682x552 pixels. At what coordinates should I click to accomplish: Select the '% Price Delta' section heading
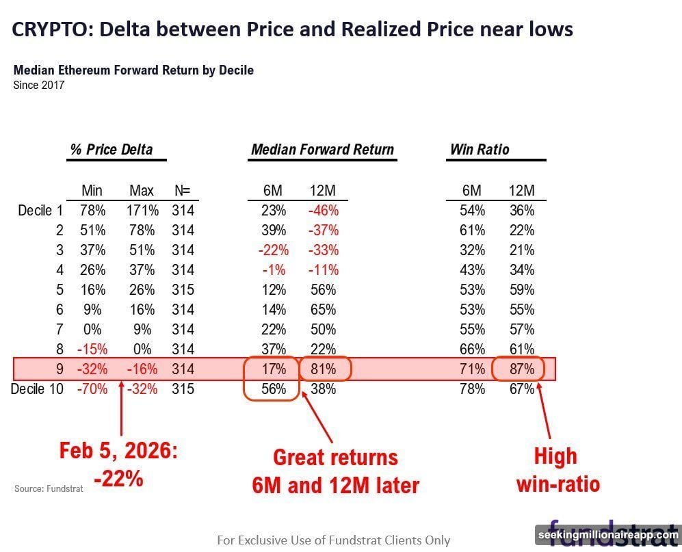111,149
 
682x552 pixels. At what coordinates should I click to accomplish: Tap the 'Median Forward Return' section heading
322,149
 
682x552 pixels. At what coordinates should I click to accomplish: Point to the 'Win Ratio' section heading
480,149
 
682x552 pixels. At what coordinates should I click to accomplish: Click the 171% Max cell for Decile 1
142,211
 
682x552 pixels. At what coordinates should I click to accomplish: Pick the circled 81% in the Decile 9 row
324,369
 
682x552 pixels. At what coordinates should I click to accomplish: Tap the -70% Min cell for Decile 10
92,389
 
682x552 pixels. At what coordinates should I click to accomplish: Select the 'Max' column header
142,191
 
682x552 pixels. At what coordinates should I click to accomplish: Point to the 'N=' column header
183,191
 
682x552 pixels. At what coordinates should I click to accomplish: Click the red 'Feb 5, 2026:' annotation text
118,451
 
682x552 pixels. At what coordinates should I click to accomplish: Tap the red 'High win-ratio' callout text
557,471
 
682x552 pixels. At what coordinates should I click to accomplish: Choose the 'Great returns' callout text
335,457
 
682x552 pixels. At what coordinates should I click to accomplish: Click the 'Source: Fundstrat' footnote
49,489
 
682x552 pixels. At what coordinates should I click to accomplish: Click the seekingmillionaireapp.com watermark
607,534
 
